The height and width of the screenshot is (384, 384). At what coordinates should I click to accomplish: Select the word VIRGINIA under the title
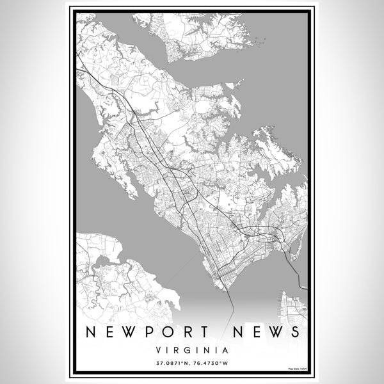click(192, 350)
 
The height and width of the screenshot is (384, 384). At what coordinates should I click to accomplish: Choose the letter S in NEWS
click(293, 332)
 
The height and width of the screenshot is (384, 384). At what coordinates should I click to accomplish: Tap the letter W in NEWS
click(272, 332)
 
